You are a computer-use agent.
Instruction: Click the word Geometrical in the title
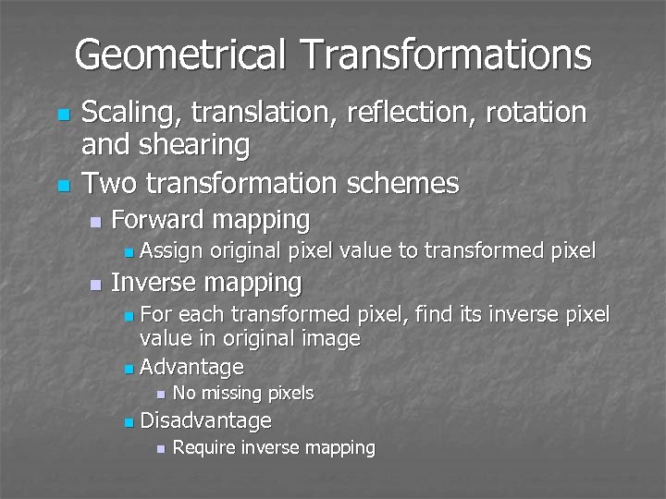[179, 55]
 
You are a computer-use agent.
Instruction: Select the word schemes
[404, 183]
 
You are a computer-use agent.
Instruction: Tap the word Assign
[172, 250]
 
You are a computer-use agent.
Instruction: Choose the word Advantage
[191, 367]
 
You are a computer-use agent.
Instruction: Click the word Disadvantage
[205, 421]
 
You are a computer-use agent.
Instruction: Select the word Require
[203, 448]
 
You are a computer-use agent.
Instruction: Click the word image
[332, 339]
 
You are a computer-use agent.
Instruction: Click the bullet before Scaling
[63, 115]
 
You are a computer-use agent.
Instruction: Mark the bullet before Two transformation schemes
[63, 185]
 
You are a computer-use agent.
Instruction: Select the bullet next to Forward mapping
[93, 222]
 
